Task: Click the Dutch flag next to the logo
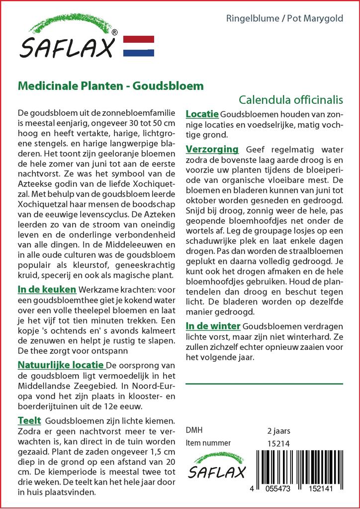(x=138, y=46)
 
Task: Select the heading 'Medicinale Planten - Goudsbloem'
(x=110, y=85)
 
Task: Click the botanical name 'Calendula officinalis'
(x=291, y=99)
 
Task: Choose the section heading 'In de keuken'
(x=47, y=289)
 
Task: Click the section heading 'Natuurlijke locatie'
(x=61, y=366)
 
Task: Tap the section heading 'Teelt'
(x=29, y=421)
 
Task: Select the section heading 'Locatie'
(x=202, y=114)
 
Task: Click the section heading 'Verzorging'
(x=212, y=150)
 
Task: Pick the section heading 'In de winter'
(x=213, y=326)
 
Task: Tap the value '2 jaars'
(x=278, y=430)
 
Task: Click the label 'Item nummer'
(x=208, y=443)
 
